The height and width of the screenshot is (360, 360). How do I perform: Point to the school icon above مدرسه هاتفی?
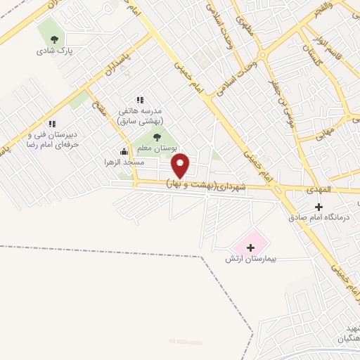[x=140, y=100]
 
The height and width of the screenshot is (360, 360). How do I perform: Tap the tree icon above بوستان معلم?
[x=156, y=136]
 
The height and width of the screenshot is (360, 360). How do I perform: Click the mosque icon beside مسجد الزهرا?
[x=124, y=151]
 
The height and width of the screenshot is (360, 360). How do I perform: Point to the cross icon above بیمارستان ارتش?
[x=251, y=247]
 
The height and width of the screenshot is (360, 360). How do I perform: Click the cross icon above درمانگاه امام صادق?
[x=319, y=207]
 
